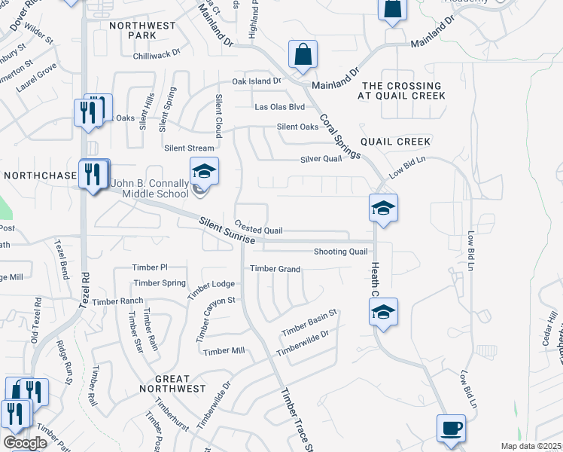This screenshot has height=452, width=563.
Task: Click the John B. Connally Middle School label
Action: [149, 188]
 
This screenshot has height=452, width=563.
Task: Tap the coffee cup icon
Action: [452, 429]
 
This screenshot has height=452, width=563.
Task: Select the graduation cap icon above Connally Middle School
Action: [204, 172]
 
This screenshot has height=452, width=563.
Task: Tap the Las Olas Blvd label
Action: [279, 108]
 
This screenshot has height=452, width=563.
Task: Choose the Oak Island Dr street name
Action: [256, 81]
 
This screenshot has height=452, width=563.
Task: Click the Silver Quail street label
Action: [321, 159]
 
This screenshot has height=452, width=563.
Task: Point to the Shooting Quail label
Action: [340, 252]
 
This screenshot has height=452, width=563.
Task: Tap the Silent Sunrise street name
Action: [227, 231]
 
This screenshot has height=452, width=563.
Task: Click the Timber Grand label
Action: [275, 269]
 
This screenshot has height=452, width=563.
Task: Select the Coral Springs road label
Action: [339, 136]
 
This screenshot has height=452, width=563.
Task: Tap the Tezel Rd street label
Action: [84, 290]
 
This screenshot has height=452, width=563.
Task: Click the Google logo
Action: [24, 443]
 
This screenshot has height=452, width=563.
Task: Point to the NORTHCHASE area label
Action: [40, 176]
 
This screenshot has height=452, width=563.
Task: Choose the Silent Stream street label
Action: [184, 148]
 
